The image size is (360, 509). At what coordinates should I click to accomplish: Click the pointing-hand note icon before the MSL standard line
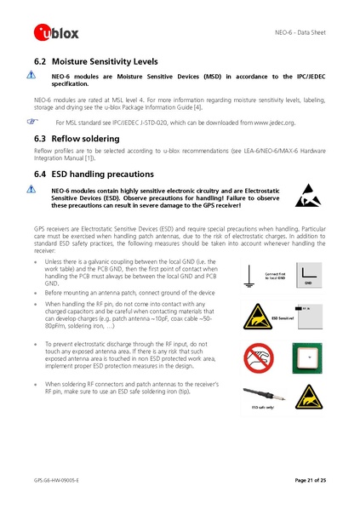coord(32,123)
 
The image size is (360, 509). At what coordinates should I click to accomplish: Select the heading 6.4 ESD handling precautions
coord(94,174)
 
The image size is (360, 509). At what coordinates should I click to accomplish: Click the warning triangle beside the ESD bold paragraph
coord(31,191)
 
